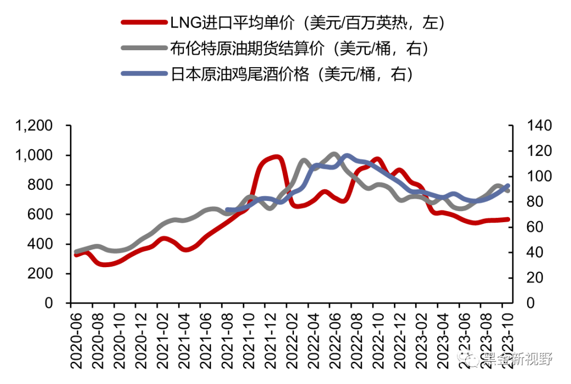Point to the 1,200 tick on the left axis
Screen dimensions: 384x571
(x=34, y=126)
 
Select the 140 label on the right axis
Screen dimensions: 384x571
(x=539, y=126)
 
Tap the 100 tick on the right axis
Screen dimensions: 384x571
(x=539, y=177)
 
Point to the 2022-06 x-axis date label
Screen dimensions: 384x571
(x=336, y=339)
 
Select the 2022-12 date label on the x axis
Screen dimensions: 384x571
(x=401, y=339)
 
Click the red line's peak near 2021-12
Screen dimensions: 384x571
(x=277, y=157)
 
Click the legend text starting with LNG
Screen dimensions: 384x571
(x=306, y=23)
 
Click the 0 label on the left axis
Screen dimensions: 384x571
(x=51, y=304)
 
